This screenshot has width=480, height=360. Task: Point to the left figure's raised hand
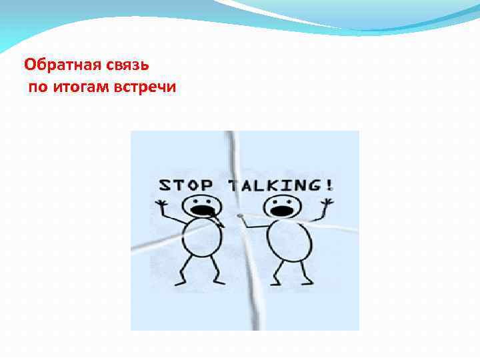(162, 203)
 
